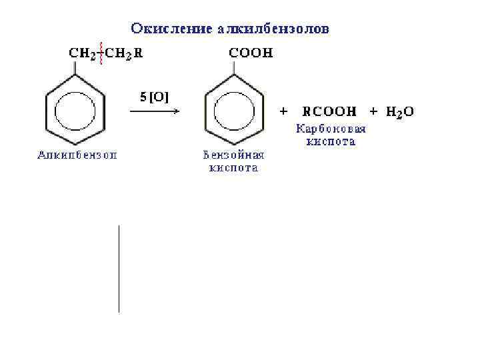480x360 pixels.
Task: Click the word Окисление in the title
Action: tap(172, 29)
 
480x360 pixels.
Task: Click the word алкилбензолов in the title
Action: tap(273, 29)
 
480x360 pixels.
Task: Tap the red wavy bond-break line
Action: tap(101, 54)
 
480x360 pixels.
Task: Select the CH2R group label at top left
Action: tap(123, 54)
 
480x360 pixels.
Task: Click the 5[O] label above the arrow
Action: tap(154, 97)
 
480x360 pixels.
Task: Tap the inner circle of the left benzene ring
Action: tap(74, 111)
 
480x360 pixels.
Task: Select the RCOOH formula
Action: tap(329, 111)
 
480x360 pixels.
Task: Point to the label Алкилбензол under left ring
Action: tap(76, 155)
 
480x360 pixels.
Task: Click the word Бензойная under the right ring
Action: tap(233, 155)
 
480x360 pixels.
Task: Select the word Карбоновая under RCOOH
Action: tap(331, 128)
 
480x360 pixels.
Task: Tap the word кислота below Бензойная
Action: tap(233, 169)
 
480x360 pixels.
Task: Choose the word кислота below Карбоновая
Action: tap(331, 141)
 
